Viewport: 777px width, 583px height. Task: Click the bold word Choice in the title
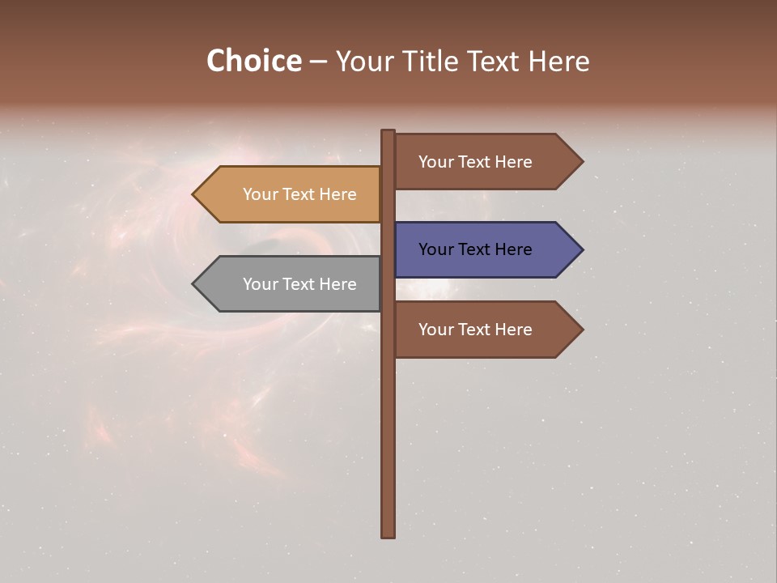tap(253, 62)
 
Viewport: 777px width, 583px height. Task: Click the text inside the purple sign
tap(475, 249)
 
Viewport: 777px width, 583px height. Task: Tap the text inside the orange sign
tap(299, 194)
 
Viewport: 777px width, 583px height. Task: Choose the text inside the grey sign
tap(299, 284)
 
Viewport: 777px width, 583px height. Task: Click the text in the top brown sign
tap(475, 162)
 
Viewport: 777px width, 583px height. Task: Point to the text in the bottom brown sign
tap(475, 330)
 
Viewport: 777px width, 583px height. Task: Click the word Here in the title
tap(558, 62)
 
